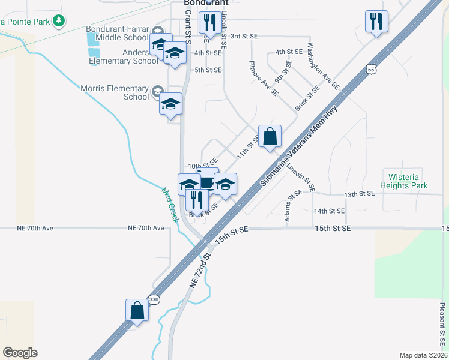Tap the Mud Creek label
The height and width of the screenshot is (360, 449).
tap(170, 205)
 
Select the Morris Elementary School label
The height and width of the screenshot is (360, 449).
tap(115, 92)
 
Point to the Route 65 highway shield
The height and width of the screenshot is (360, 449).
tap(373, 70)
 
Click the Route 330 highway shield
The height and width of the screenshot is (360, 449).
tap(155, 299)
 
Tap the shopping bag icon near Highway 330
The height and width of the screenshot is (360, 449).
tap(137, 310)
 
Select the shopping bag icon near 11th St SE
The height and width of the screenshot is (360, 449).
tap(270, 136)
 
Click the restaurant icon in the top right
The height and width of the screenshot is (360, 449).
tap(376, 22)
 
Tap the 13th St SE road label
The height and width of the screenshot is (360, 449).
tap(360, 194)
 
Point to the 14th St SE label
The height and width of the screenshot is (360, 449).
tap(329, 211)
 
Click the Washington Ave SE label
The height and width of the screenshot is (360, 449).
tap(323, 66)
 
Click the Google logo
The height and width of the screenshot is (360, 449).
tap(20, 353)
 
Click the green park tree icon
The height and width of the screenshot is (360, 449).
tap(58, 22)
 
